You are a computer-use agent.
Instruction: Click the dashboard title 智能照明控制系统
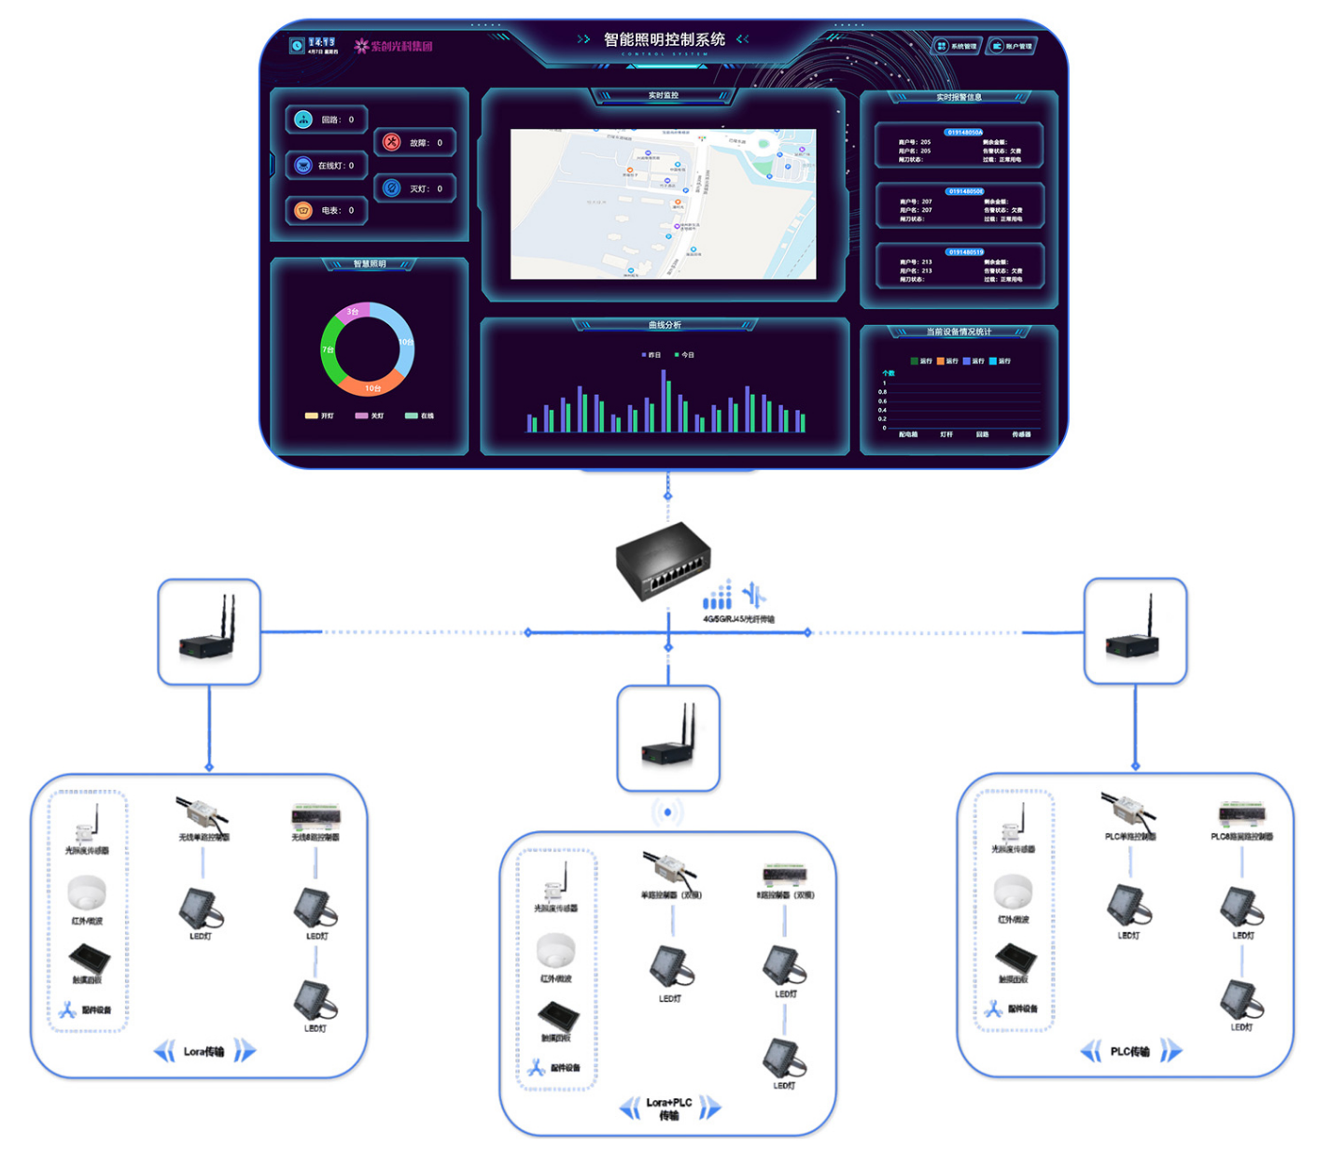(x=664, y=39)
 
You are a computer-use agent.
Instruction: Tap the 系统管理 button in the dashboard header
(x=957, y=46)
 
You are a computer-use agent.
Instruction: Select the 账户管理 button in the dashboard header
(x=1012, y=46)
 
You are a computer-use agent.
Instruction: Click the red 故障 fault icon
(x=392, y=142)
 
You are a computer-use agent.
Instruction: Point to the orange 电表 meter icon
(x=303, y=210)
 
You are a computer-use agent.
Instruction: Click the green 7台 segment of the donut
(x=329, y=351)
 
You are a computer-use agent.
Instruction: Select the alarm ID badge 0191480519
(x=965, y=252)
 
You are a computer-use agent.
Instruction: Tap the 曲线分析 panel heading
(x=665, y=325)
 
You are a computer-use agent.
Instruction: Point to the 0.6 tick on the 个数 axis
(x=882, y=401)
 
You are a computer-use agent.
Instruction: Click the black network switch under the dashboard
(x=663, y=557)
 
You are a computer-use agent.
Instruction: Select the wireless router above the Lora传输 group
(x=209, y=631)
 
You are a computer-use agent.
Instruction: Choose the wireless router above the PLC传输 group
(x=1134, y=631)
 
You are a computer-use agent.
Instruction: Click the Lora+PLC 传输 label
(x=668, y=1108)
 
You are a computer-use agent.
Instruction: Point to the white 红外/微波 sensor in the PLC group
(x=1013, y=892)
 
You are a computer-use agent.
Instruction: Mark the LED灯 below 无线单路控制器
(x=201, y=908)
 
